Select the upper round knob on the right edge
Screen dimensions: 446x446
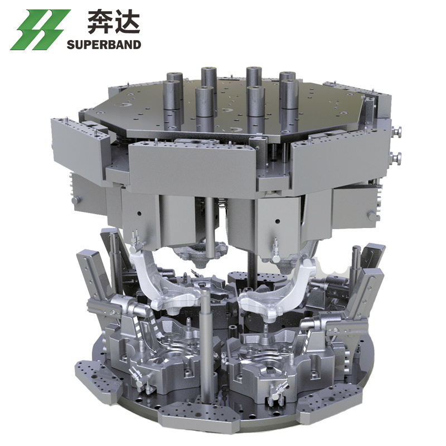click(397, 132)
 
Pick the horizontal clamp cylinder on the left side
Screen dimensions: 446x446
click(125, 306)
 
